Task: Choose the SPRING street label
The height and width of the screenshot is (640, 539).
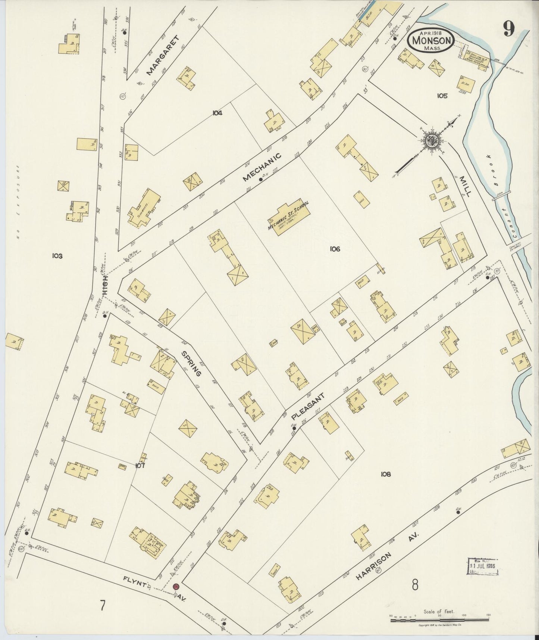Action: (x=192, y=363)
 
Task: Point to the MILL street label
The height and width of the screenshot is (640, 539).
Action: (x=466, y=186)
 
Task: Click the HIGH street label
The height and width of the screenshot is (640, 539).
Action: (x=106, y=286)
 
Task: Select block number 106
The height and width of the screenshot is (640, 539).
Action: (x=335, y=249)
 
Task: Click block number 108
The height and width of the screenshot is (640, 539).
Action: (x=385, y=474)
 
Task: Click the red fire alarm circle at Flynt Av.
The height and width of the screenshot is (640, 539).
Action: (x=175, y=587)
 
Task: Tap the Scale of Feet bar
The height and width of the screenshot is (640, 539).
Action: (x=440, y=620)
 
